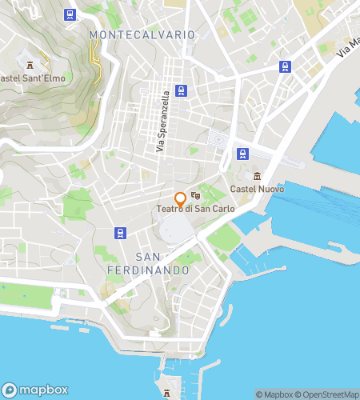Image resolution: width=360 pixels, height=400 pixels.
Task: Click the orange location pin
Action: (x=180, y=198)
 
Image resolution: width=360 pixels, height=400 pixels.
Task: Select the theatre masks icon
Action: (x=195, y=195)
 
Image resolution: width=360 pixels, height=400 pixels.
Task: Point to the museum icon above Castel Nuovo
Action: (x=257, y=176)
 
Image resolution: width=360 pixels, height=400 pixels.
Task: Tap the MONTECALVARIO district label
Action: (x=142, y=35)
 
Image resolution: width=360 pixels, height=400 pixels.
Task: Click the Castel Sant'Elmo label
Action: (x=33, y=78)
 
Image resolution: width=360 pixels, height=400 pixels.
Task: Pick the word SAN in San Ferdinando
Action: (x=150, y=257)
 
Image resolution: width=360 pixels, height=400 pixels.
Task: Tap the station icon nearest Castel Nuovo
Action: (x=241, y=153)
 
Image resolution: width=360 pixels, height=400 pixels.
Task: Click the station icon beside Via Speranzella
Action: (x=182, y=90)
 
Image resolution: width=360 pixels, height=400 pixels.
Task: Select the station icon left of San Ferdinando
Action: (x=119, y=233)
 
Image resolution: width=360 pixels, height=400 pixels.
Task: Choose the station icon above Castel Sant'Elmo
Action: (x=71, y=14)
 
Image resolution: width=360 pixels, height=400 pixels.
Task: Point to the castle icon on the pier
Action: (x=166, y=394)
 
